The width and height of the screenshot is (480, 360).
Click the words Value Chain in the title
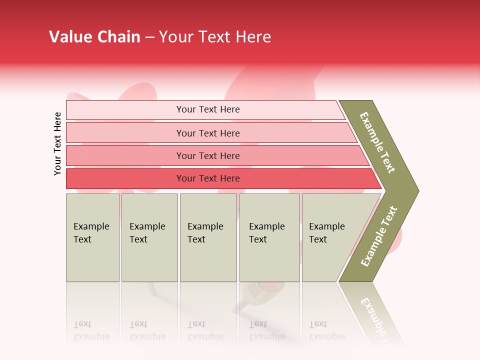pos(94,37)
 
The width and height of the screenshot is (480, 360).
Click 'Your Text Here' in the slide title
pos(215,37)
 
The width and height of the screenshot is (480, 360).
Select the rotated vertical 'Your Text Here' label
pos(57,143)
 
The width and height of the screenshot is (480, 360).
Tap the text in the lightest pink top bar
pos(208,109)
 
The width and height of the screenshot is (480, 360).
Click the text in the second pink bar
pos(208,133)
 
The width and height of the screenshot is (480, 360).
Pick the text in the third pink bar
pos(208,156)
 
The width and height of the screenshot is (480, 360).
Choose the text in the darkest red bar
pos(208,178)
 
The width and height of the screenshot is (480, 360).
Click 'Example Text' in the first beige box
pos(91,233)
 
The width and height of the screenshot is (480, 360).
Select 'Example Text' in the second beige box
pos(147,233)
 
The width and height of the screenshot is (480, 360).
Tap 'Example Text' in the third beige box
pos(205,233)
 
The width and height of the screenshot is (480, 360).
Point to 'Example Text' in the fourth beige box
pos(266,233)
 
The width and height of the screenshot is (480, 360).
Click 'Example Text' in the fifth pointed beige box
pos(326,233)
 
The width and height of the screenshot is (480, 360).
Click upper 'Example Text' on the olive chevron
pos(377,142)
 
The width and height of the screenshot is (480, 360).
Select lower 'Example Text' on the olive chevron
pos(378,236)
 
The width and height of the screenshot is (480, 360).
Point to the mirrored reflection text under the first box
pos(91,330)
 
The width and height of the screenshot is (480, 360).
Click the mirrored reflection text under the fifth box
pos(326,330)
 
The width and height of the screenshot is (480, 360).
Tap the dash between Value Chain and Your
pos(149,37)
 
